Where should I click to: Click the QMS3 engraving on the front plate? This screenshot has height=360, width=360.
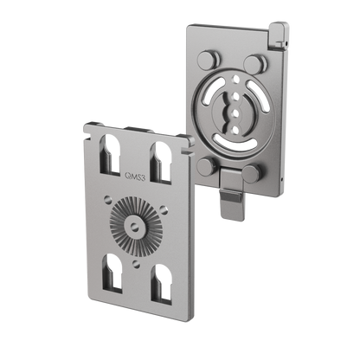tap(135, 176)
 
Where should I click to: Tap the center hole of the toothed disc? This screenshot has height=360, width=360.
tap(133, 226)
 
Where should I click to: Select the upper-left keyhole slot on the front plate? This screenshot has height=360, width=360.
tap(109, 154)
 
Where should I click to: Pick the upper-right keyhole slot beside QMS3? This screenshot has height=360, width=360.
tap(160, 162)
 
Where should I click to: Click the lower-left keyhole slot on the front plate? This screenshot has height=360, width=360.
tap(112, 273)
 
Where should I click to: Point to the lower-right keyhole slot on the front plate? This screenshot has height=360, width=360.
tap(162, 284)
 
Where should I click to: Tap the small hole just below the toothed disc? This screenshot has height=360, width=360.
tap(136, 264)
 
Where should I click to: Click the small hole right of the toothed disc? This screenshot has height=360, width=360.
tap(164, 209)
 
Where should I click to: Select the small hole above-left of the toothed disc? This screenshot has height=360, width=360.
tap(107, 198)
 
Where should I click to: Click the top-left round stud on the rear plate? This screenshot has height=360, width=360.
tap(209, 59)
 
